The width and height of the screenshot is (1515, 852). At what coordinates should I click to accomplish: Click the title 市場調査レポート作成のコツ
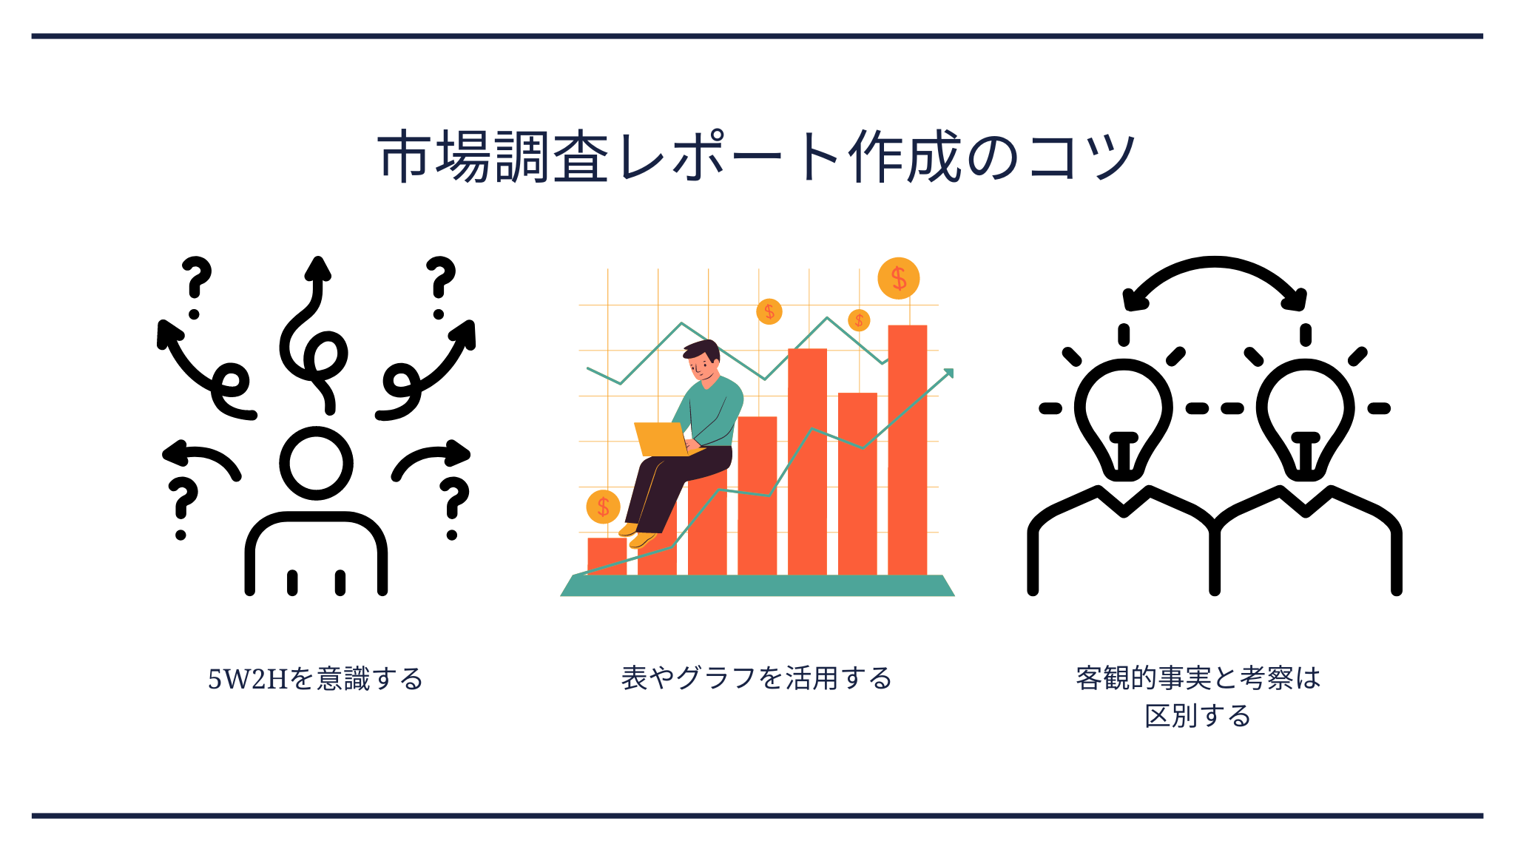click(757, 156)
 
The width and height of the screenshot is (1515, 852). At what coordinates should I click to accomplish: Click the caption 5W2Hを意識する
click(315, 678)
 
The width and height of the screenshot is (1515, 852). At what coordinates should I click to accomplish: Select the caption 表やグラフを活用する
click(757, 677)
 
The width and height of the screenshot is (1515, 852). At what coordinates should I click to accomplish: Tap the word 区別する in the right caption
click(1198, 716)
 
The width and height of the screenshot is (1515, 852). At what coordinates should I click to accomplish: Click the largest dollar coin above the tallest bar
click(899, 278)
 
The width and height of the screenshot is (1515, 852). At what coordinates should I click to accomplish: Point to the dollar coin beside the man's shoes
click(603, 507)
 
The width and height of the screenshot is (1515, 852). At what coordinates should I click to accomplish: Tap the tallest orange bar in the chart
click(908, 450)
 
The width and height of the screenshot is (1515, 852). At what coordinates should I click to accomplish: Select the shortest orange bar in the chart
click(607, 556)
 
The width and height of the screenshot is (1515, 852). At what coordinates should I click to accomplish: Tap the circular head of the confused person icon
click(316, 464)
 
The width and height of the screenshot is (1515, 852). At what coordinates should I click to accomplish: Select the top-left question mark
click(196, 287)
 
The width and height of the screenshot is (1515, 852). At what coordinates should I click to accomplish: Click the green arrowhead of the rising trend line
click(949, 373)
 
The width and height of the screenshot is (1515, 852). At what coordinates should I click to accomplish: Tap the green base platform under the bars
click(757, 586)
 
